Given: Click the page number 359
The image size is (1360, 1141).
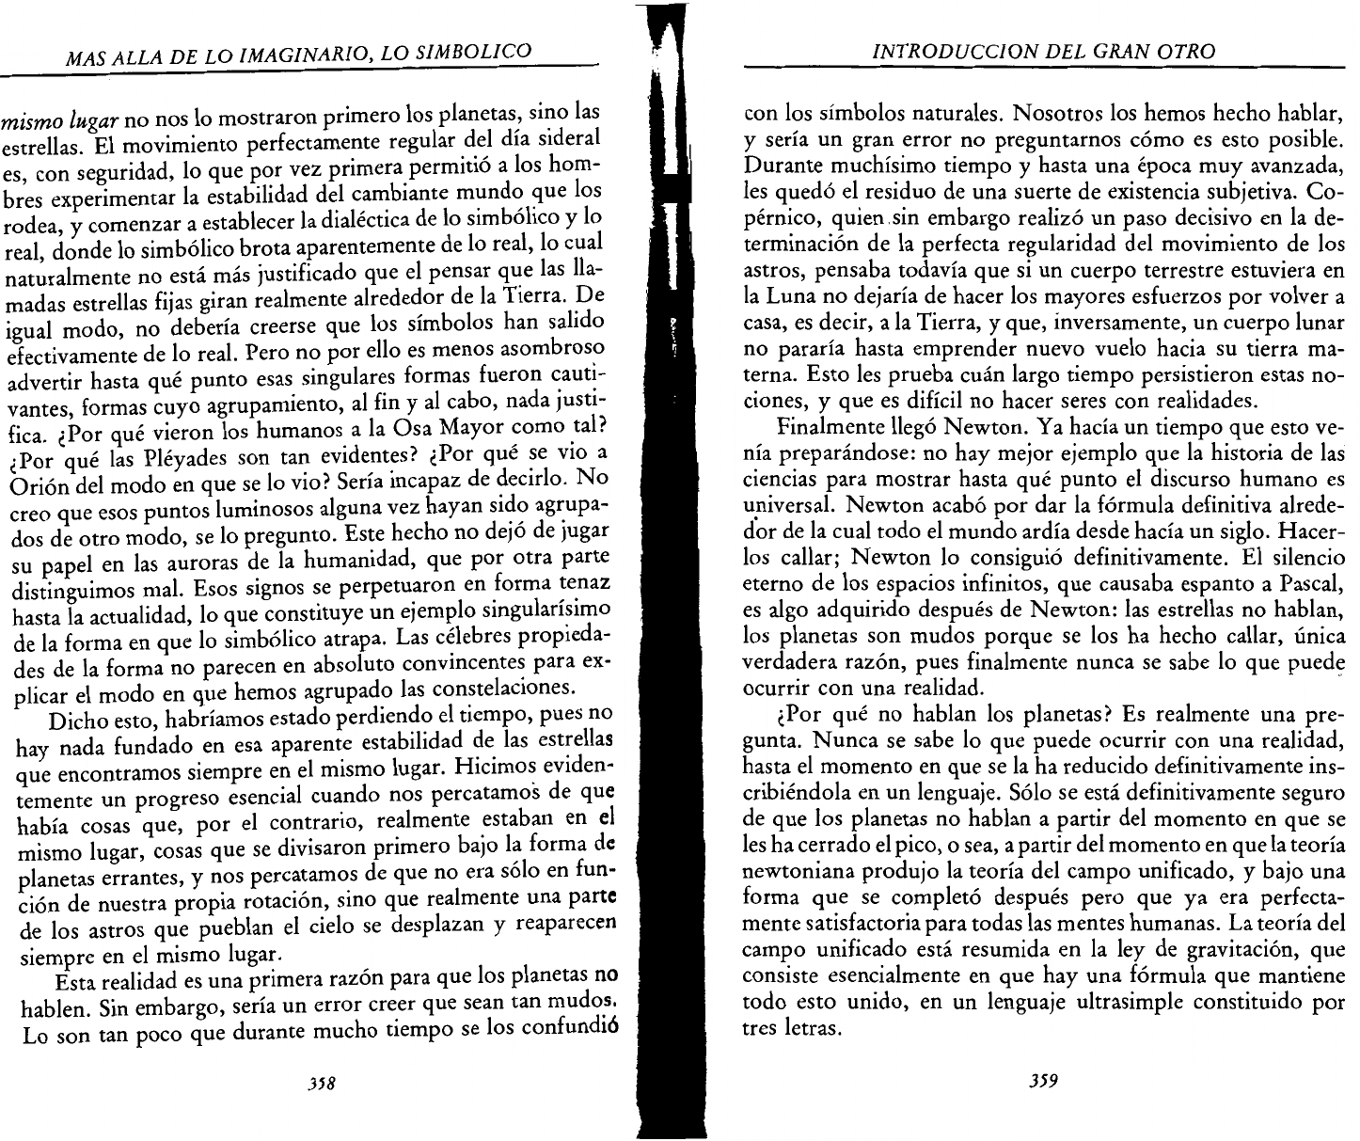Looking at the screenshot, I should tap(1045, 1081).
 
